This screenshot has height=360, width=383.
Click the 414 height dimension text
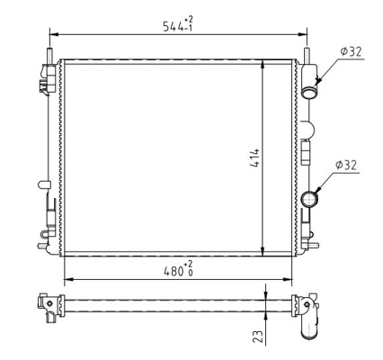click(254, 159)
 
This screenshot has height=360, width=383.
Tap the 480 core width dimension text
click(169, 269)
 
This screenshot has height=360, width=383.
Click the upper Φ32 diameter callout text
click(349, 51)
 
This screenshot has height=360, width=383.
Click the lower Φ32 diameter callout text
click(347, 165)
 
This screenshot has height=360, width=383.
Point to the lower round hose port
click(311, 196)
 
